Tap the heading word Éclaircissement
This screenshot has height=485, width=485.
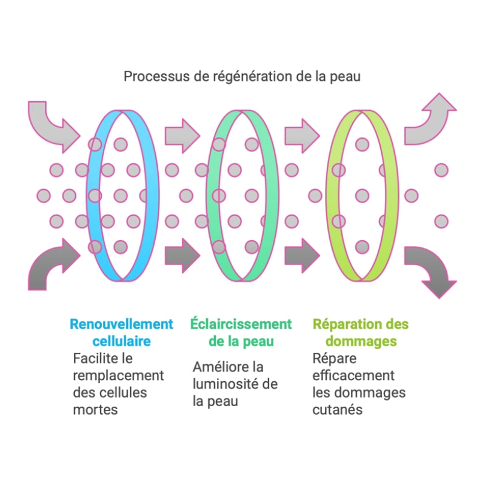point(241,324)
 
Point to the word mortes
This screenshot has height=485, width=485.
point(95,409)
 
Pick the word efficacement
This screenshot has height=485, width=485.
point(353,375)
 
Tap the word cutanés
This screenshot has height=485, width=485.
point(338,409)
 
